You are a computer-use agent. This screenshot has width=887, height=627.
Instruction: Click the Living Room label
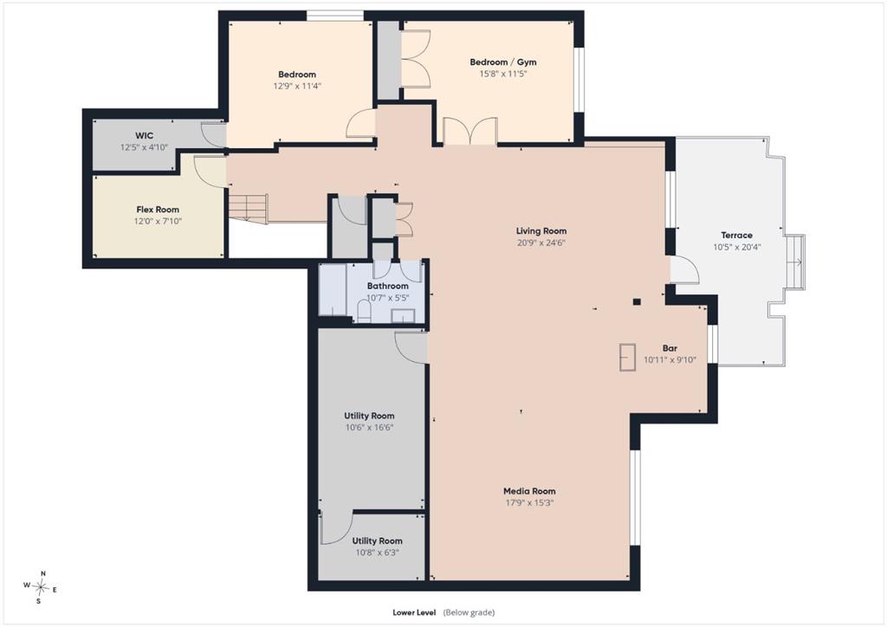coord(541,230)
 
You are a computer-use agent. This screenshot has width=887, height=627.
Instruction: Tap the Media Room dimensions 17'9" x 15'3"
coord(529,502)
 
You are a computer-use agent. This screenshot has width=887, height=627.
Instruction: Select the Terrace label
coord(736,236)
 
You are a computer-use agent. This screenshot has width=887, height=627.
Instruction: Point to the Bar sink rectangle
coord(627,358)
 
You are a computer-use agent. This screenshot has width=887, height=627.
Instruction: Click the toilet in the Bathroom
coord(365,312)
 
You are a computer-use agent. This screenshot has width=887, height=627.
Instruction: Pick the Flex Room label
coord(158,210)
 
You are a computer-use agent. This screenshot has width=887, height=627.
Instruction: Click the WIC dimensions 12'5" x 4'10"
coord(145,147)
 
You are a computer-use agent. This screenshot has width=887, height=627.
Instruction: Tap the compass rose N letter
coord(43,573)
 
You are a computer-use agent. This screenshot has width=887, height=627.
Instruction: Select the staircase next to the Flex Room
coord(248,208)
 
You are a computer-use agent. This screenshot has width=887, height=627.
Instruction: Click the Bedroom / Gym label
coord(503,61)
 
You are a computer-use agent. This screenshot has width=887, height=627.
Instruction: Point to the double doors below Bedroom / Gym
coord(470,131)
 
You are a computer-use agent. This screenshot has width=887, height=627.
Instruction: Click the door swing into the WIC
coord(214,134)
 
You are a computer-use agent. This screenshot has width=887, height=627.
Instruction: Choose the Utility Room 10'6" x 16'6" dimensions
coord(369,428)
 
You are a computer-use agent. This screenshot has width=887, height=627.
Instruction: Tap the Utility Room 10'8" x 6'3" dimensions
coord(377,553)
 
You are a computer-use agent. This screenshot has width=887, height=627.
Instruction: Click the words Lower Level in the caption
coord(414,612)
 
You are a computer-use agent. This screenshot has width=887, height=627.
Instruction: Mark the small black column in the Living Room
coord(637,302)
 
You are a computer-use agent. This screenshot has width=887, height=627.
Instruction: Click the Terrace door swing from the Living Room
coord(684,269)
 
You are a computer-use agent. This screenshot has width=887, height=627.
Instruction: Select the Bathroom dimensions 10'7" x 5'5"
coord(387,298)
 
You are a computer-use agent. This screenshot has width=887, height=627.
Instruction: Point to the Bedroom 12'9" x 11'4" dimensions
coord(297,87)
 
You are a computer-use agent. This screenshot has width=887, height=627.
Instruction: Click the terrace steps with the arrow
coord(797,262)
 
